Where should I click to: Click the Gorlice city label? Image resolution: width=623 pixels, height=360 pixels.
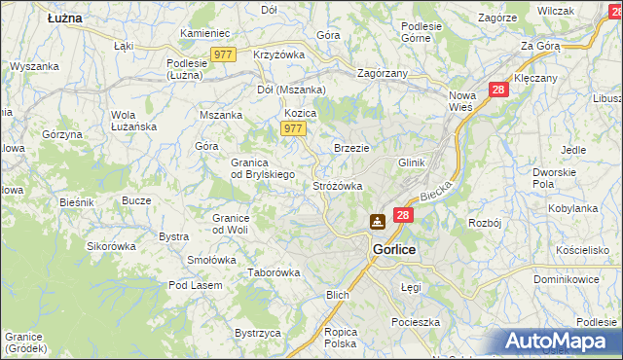[394, 250]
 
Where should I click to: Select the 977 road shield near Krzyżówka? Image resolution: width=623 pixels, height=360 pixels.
[224, 55]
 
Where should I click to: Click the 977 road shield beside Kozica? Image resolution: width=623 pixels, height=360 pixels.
[293, 128]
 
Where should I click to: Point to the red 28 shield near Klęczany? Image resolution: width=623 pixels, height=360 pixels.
[498, 89]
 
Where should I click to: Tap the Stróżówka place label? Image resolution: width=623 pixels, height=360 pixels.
[337, 185]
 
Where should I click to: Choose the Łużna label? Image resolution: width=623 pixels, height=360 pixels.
[64, 18]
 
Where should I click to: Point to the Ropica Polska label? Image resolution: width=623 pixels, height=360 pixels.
[341, 338]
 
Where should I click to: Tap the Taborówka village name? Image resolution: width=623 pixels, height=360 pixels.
[274, 273]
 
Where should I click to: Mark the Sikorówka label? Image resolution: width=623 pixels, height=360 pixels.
[111, 246]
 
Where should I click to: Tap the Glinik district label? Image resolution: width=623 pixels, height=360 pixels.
[413, 162]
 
